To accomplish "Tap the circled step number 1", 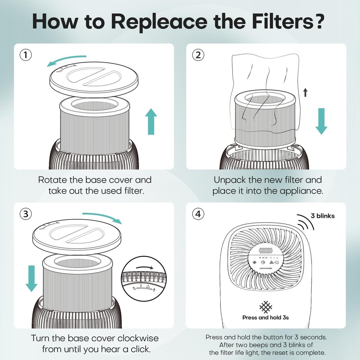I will tap(25, 55).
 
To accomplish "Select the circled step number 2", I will tap(198, 55).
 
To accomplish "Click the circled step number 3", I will tap(25, 214).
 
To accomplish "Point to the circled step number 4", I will tap(198, 214).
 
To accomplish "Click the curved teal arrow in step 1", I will tap(67, 60).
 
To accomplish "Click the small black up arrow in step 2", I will tap(305, 93).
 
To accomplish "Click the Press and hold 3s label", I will tap(265, 318).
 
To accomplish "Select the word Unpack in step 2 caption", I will tap(229, 179).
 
